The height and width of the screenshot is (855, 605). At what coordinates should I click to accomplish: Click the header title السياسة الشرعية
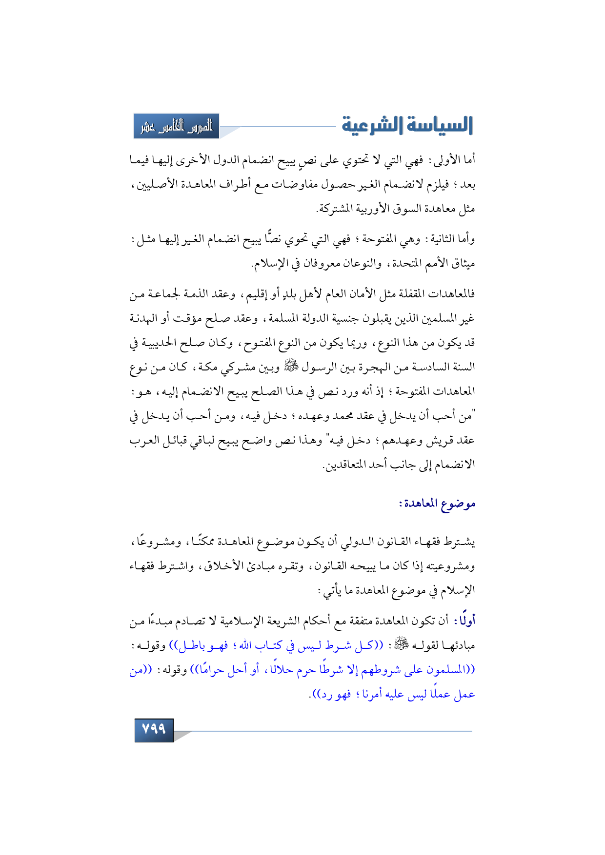[x=407, y=126]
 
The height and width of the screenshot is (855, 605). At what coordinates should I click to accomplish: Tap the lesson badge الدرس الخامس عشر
[x=177, y=126]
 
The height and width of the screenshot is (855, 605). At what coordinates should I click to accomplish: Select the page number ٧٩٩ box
[x=154, y=729]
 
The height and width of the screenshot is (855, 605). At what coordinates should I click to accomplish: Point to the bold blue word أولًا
[x=465, y=621]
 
